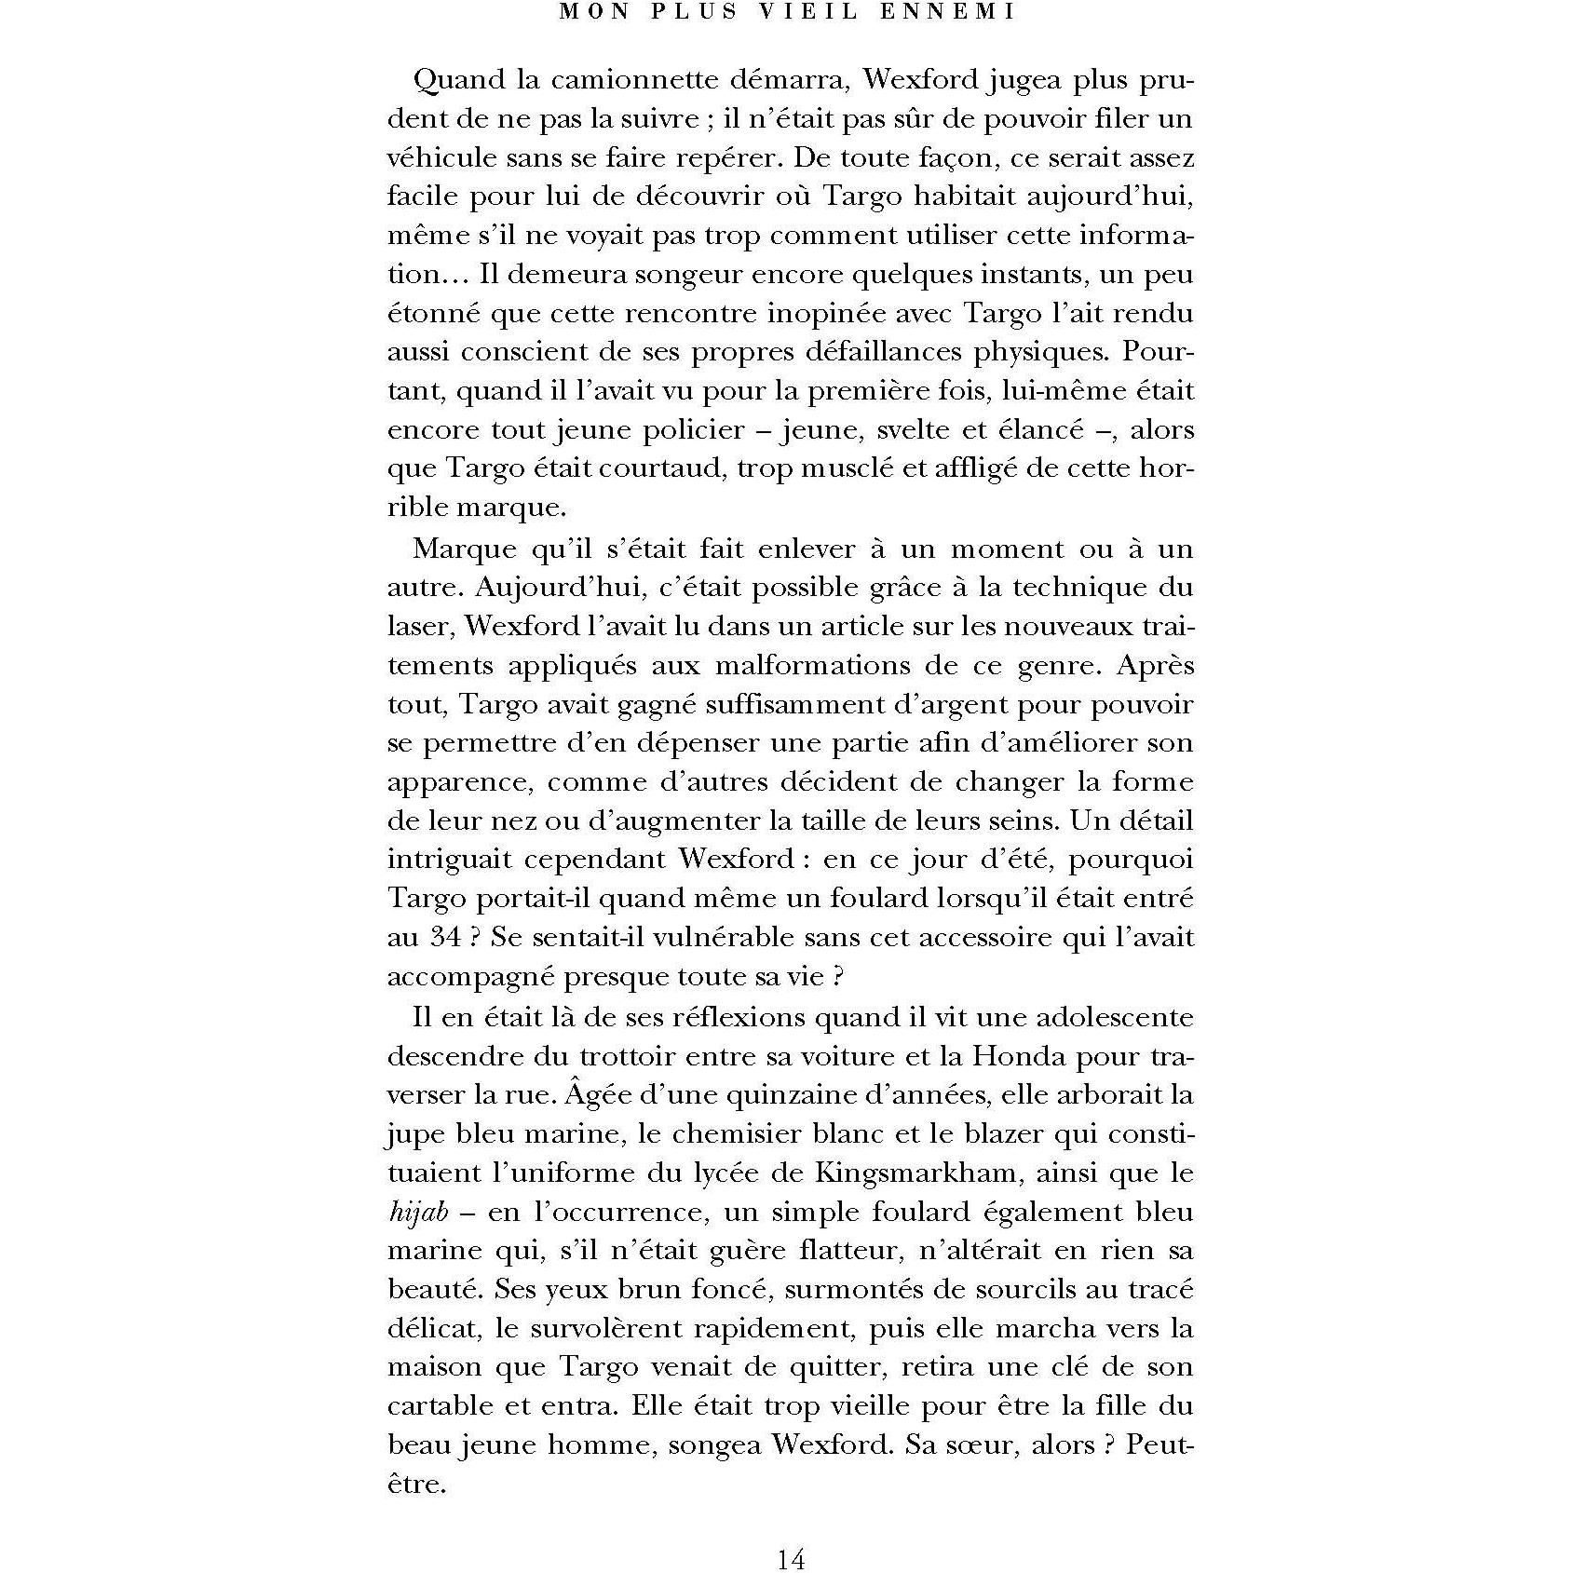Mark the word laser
click(x=419, y=626)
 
